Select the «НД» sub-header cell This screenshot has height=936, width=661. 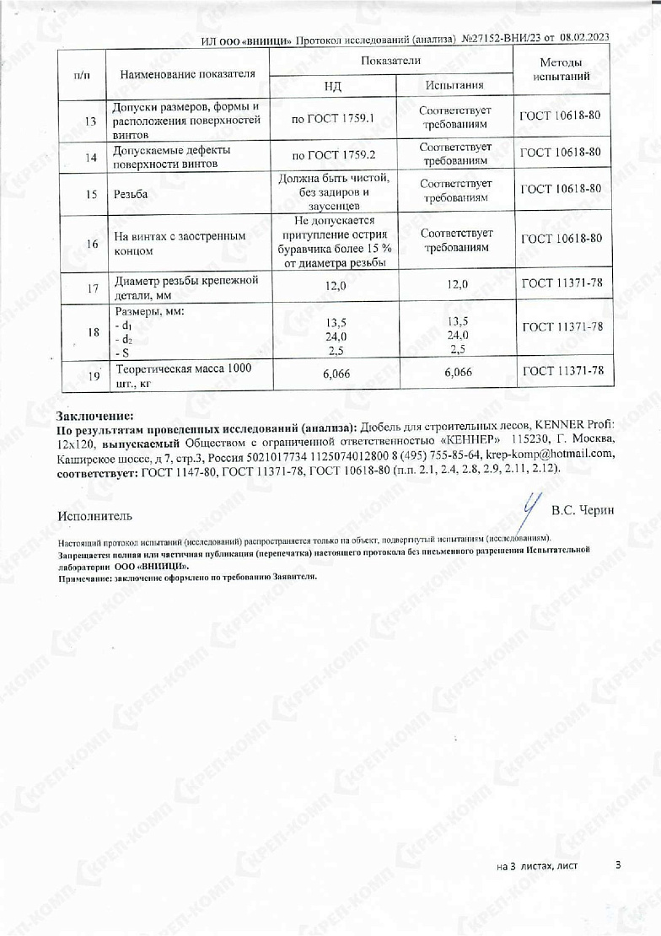[x=332, y=85]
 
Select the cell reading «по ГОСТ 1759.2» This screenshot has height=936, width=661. [x=332, y=155]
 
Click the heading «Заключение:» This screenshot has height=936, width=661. [x=94, y=417]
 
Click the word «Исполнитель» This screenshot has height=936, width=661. [x=95, y=515]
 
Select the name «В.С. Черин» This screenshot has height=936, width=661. [x=583, y=510]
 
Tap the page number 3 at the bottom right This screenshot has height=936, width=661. [x=619, y=865]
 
